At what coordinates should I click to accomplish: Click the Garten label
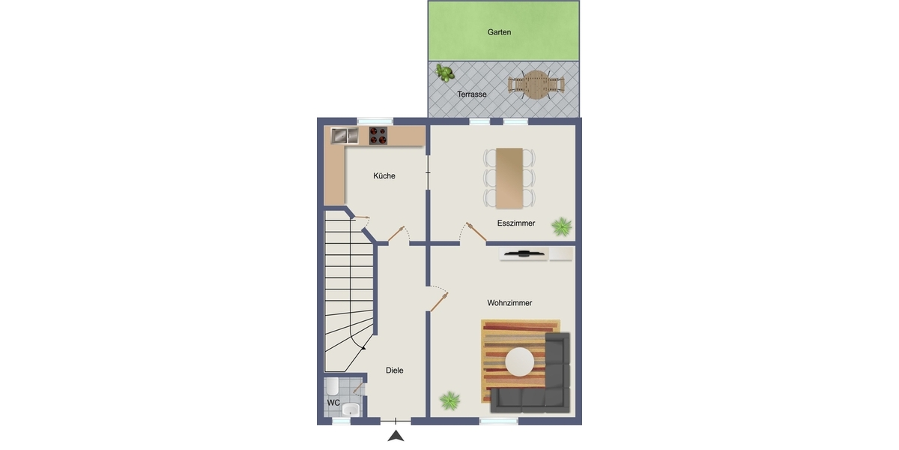[x=499, y=32]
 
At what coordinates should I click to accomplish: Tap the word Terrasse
[x=471, y=94]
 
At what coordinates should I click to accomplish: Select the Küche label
[x=384, y=175]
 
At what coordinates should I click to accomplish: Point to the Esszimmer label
[x=515, y=223]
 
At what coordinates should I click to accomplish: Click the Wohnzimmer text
[x=509, y=303]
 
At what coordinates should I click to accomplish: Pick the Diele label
[x=395, y=370]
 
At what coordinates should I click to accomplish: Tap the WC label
[x=333, y=403]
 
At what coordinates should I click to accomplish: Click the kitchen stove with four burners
[x=378, y=136]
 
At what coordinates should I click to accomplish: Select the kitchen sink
[x=345, y=136]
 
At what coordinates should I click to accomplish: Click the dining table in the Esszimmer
[x=509, y=178]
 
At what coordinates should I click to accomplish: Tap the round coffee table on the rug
[x=520, y=361]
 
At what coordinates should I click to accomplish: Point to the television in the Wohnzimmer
[x=524, y=253]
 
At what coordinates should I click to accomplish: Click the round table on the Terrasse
[x=536, y=85]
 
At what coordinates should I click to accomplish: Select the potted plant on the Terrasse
[x=445, y=73]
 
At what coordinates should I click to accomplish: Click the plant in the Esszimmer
[x=561, y=226]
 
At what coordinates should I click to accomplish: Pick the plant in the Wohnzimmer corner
[x=449, y=400]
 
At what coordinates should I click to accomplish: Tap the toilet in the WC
[x=332, y=386]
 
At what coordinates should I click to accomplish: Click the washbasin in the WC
[x=351, y=409]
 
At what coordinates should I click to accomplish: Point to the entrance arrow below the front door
[x=396, y=436]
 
